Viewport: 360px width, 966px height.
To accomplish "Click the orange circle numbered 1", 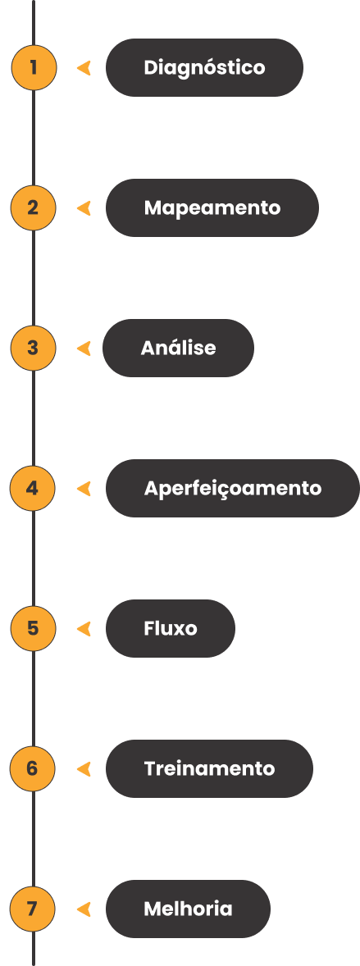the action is (34, 67).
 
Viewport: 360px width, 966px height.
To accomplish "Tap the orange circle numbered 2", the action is (34, 207).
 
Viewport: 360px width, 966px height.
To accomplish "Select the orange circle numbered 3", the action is (33, 348).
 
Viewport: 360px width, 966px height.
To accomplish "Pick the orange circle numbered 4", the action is (33, 488).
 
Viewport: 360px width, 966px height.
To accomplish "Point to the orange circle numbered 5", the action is (34, 628).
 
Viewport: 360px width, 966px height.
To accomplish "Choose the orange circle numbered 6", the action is (33, 769).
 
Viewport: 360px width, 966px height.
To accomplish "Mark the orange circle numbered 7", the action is (33, 909).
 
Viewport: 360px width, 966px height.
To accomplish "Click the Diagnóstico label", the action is (205, 67).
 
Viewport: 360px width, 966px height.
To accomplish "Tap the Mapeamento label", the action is (212, 207).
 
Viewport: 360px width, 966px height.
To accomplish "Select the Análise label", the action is (178, 348).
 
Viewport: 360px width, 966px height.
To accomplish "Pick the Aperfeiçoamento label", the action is (232, 488).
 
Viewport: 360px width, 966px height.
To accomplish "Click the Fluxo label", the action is (170, 628).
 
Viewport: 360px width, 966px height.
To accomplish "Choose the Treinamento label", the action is (209, 769).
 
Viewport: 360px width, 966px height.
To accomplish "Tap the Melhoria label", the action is (188, 909).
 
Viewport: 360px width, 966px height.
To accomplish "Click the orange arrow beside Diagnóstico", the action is (84, 68).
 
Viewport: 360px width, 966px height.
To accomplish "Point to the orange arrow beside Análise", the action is (84, 349).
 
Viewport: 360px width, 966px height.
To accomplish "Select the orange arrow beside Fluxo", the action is (84, 629).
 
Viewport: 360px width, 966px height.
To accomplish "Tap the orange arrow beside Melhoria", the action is (84, 909).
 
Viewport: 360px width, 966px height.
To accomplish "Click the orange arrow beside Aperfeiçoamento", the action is (84, 489).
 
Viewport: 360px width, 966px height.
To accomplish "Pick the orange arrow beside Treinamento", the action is (84, 769).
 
